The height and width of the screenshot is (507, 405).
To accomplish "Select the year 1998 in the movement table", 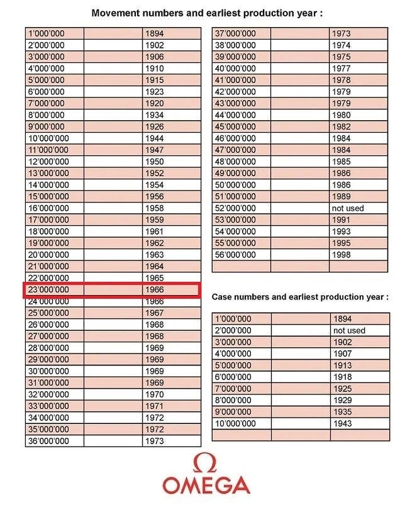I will tap(342, 255).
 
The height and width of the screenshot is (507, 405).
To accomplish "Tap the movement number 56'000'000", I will tap(235, 255).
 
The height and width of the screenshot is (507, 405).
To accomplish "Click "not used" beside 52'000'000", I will tap(348, 208).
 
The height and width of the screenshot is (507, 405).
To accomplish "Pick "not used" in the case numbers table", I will tap(349, 330).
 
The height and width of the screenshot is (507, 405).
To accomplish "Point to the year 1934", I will tap(154, 115).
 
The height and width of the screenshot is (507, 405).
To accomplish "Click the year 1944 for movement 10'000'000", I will tap(154, 138).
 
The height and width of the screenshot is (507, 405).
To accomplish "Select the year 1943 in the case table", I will tap(343, 423).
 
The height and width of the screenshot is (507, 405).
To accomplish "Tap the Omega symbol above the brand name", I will tap(206, 463).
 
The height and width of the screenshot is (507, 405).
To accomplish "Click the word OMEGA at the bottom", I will tap(206, 486).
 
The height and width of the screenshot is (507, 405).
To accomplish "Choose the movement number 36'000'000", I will tap(48, 441).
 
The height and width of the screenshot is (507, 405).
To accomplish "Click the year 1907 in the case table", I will tap(343, 354).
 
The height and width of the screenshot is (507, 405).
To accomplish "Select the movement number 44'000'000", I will tap(235, 115).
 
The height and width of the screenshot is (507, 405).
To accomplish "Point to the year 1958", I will tap(154, 208).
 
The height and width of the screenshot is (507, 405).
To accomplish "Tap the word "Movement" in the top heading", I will tap(113, 13).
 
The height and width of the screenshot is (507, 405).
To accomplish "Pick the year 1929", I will tap(343, 400).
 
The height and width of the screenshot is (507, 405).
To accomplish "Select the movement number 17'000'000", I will tap(48, 220).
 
